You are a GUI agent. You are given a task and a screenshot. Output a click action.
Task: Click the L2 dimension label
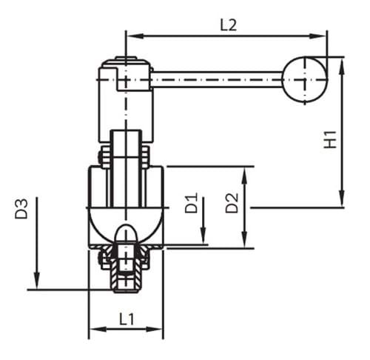pos(229,24)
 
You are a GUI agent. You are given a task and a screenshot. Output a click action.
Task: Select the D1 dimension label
pos(191,204)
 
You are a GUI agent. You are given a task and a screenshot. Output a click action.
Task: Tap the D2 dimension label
pos(232,203)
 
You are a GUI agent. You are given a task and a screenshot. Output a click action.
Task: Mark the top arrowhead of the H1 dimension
pos(342,63)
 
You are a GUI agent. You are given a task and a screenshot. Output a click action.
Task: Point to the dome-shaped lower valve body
pos(127,219)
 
